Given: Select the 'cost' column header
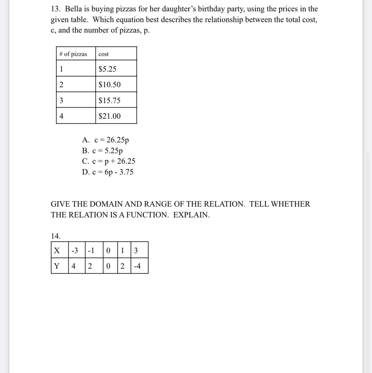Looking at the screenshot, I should [x=104, y=54].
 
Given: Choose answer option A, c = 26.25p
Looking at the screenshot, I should [x=105, y=140].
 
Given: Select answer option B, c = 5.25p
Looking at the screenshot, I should [x=102, y=150].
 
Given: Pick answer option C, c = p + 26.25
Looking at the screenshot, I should [x=108, y=161].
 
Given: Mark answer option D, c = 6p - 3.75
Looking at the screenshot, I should [x=108, y=172].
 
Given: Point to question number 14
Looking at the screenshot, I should [x=56, y=236].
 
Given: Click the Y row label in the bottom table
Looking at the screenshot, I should [x=57, y=266].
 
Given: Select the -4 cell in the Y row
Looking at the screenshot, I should [x=137, y=266].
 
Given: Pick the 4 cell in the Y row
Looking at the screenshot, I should [x=73, y=266].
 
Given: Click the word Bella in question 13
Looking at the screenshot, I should [x=73, y=9].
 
